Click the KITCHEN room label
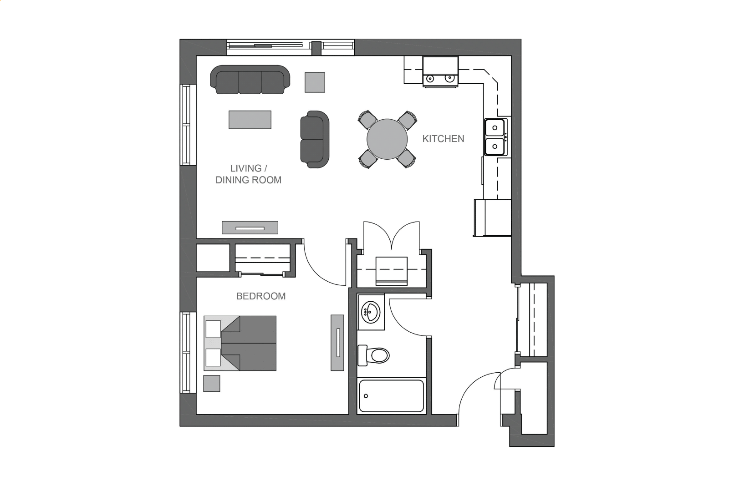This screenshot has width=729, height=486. (x=443, y=139)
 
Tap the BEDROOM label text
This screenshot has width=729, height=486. (x=261, y=296)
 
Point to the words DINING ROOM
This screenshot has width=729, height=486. (x=249, y=180)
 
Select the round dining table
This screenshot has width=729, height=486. (x=387, y=139)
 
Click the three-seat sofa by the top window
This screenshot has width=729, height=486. (x=250, y=80)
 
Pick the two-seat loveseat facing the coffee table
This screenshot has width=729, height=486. (x=315, y=139)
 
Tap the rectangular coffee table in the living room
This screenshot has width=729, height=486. (x=250, y=120)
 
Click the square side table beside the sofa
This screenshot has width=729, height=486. (x=315, y=82)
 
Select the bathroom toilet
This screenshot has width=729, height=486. (x=374, y=355)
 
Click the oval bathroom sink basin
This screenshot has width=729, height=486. (x=371, y=312)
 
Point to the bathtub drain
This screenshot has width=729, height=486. (x=366, y=396)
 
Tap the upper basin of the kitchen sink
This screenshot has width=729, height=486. (x=494, y=127)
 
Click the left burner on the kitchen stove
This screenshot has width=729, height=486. (x=430, y=78)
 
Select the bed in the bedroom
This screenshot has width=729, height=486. (x=240, y=343)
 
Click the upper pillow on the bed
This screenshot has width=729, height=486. (x=213, y=329)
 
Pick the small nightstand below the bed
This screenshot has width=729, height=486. (x=212, y=383)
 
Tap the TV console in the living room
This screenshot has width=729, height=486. (x=250, y=228)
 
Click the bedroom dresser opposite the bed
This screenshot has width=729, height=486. (x=337, y=343)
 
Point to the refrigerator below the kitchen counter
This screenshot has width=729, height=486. (x=493, y=218)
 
